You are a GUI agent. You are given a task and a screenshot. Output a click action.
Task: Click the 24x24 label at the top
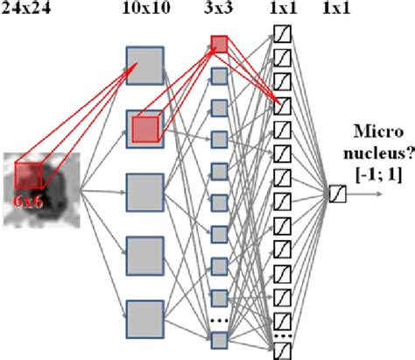click(26, 11)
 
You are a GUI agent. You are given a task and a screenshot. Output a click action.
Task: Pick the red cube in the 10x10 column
click(145, 129)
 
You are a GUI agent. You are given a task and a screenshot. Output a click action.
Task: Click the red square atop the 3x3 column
click(221, 45)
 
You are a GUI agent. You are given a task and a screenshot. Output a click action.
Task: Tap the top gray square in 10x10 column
click(145, 64)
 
